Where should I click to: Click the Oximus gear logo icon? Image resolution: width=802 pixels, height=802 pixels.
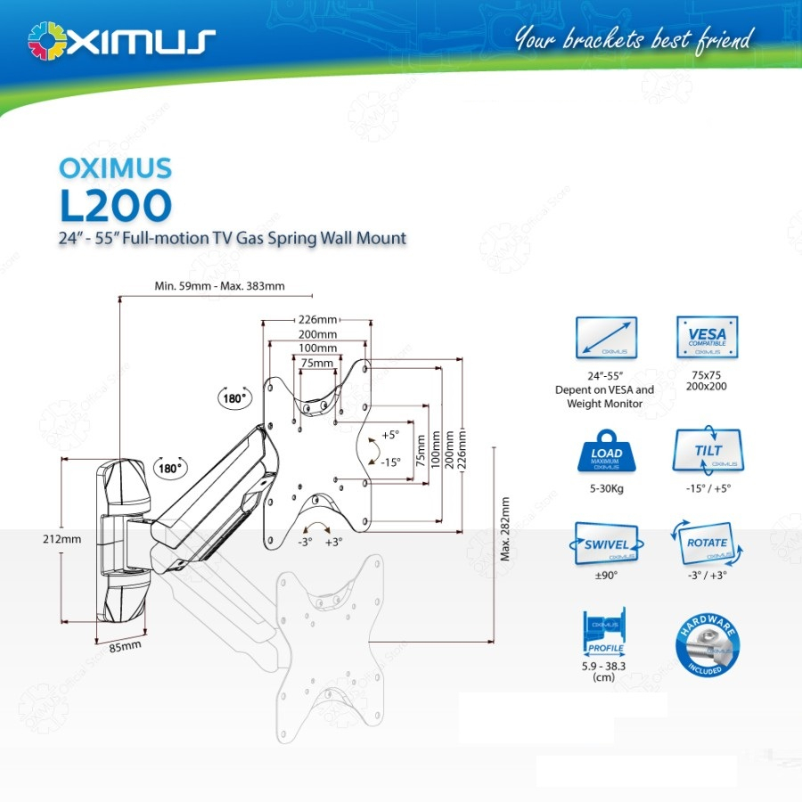point(47,41)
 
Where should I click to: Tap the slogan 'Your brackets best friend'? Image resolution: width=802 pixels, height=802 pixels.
point(634,39)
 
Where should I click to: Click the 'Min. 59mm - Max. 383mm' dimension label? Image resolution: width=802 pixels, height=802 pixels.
point(219,286)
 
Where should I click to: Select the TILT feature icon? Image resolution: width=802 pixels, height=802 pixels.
point(708,454)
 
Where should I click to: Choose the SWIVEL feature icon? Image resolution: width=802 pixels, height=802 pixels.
point(607,545)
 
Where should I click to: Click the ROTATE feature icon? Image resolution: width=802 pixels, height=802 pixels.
point(708,545)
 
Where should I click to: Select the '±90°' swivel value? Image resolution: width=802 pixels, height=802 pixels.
point(606,575)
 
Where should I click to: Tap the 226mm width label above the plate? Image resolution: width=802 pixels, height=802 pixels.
point(316,320)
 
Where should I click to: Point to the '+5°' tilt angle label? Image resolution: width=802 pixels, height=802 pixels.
point(389,435)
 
